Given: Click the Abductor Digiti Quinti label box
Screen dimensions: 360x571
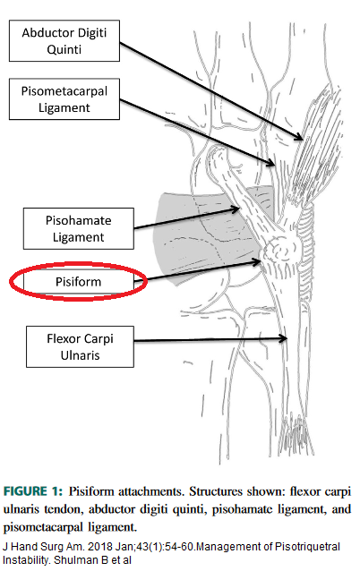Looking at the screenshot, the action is [x=64, y=41].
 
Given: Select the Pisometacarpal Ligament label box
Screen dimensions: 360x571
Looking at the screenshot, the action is [x=64, y=99].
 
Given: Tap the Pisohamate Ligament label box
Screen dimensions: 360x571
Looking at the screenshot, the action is [x=78, y=229].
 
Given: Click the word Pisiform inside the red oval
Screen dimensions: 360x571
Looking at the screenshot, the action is [x=78, y=282].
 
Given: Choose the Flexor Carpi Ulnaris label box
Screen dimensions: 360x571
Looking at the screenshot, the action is [x=80, y=346].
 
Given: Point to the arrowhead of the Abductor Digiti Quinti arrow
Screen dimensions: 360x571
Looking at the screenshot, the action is [x=299, y=137].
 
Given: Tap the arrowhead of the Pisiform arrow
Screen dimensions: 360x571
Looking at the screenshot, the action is [x=257, y=261].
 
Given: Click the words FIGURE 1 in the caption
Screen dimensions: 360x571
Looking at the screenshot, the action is [x=31, y=491].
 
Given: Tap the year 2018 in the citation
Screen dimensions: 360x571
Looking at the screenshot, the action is [x=100, y=547].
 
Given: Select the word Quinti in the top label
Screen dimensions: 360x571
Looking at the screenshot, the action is [x=64, y=49].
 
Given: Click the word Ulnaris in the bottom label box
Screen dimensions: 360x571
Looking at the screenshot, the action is [x=81, y=355].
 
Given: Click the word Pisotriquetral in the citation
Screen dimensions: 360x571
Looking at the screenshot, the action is [x=307, y=547].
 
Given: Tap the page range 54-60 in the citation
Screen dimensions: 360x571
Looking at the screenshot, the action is [x=179, y=547].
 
